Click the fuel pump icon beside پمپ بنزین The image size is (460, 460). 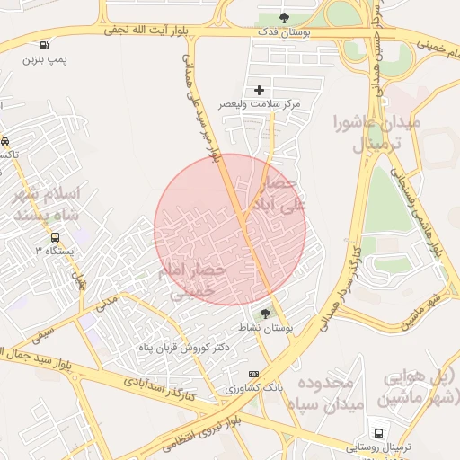44,45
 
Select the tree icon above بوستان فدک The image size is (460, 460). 284,18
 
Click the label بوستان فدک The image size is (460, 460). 285,32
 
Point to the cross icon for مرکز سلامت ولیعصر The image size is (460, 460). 260,90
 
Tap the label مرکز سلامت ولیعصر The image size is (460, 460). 261,105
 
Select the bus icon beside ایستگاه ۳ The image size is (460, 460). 56,238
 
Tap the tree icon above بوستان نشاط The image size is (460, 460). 265,314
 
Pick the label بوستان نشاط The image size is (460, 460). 275,330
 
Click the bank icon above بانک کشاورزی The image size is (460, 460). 253,374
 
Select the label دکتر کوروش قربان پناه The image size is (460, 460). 183,347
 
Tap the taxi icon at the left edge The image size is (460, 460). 4,141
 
